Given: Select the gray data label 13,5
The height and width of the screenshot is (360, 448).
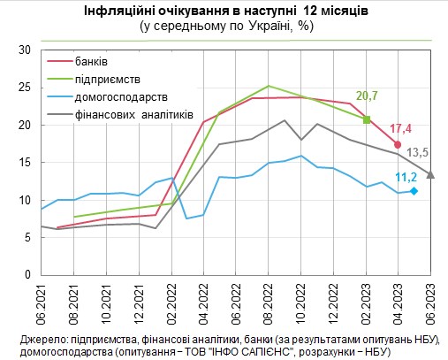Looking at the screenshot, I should click(x=417, y=151).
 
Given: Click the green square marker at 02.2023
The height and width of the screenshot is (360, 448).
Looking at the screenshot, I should click(x=367, y=119).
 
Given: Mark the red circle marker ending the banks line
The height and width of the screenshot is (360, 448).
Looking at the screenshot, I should click(x=399, y=144).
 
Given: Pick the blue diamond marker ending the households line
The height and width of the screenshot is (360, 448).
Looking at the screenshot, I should click(x=414, y=191).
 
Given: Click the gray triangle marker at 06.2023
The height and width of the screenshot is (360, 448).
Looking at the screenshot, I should click(x=430, y=174).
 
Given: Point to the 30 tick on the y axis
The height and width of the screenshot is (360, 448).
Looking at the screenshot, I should click(x=25, y=50).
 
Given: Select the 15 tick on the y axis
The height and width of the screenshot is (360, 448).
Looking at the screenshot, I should click(x=25, y=163).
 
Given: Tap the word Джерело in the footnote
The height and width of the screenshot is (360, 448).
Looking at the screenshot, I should click(x=41, y=338).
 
